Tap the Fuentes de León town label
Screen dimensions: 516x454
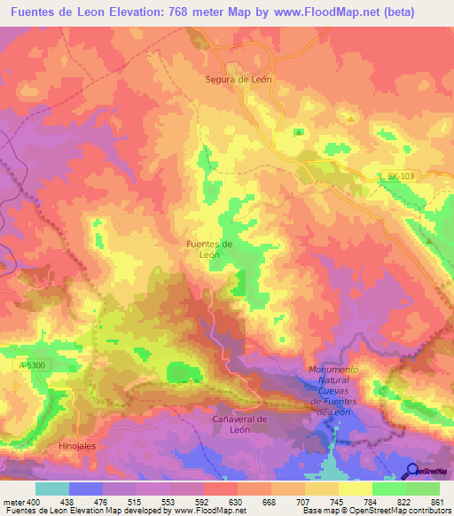point(209,248)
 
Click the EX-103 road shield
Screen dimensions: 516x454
point(401,176)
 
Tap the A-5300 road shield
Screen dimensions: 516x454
point(30,364)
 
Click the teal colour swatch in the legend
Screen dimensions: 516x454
point(52,488)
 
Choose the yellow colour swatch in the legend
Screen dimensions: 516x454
point(355,488)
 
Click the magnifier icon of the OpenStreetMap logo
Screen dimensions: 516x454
point(412,472)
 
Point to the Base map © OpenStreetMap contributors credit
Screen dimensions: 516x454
point(376,511)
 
